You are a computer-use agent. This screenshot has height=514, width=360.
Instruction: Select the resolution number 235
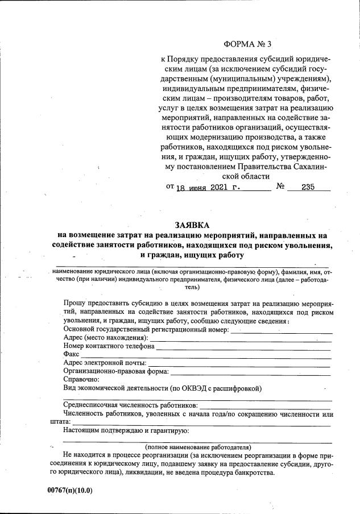click(x=308, y=187)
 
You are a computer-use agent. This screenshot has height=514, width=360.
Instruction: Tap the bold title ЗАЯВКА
click(x=193, y=225)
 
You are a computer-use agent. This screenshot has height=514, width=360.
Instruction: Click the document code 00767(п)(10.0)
click(x=70, y=490)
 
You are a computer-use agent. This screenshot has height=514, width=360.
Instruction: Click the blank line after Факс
click(x=205, y=354)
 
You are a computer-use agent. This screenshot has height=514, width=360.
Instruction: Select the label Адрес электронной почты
click(x=105, y=362)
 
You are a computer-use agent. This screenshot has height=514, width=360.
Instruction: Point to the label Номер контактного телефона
click(x=109, y=346)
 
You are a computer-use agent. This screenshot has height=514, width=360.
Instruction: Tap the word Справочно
click(x=82, y=379)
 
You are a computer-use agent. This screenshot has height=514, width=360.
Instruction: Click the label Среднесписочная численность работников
click(x=131, y=405)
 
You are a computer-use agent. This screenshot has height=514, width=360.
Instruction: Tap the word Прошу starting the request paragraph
click(x=75, y=304)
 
